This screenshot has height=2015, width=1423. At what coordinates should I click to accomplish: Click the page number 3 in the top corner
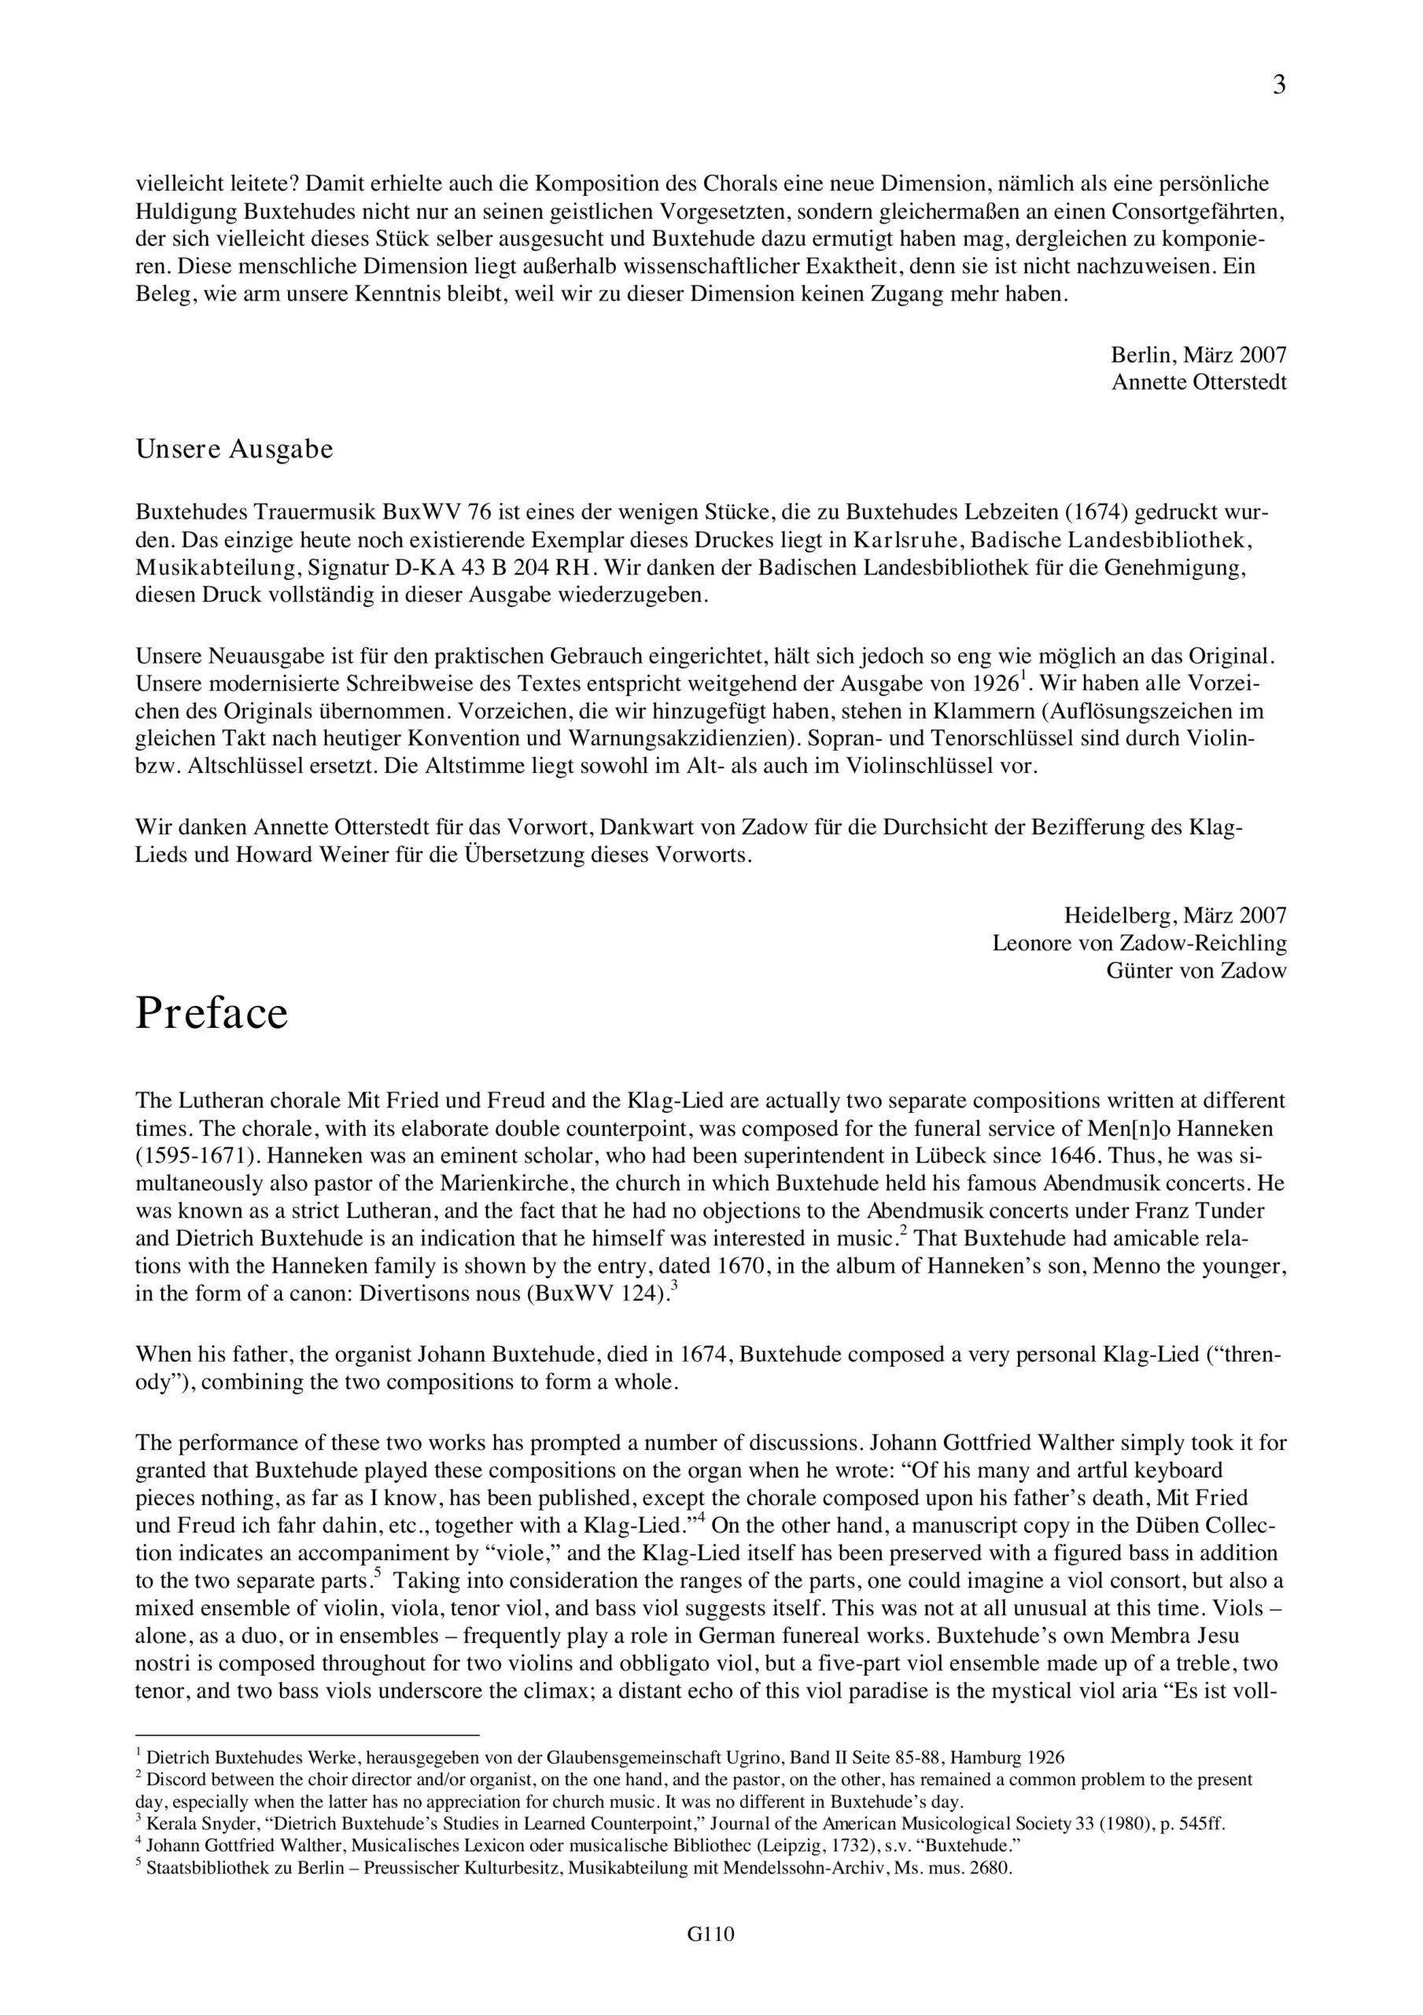click(1278, 86)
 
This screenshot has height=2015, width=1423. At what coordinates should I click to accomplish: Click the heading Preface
click(212, 1015)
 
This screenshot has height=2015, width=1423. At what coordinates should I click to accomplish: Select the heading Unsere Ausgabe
click(234, 450)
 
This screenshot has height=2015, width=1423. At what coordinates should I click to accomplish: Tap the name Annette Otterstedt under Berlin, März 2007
click(1198, 383)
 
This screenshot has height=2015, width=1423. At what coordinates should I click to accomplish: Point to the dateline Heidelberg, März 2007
click(1174, 916)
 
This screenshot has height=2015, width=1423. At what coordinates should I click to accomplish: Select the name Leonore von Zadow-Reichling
click(1139, 944)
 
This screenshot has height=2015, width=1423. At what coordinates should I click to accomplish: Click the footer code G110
click(710, 1959)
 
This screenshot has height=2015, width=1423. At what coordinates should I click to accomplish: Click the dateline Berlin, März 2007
click(1198, 356)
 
